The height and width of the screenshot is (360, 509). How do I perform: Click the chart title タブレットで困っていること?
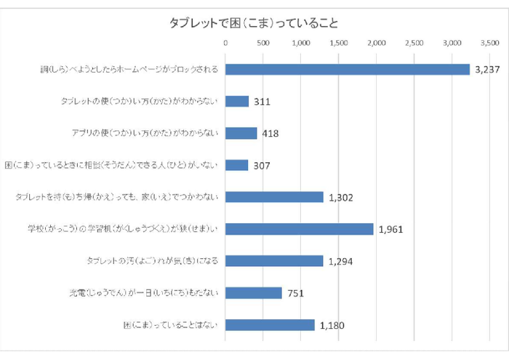(x=254, y=23)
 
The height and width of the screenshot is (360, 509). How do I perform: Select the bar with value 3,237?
(x=348, y=70)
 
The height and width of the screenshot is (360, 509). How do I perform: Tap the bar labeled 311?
(x=237, y=102)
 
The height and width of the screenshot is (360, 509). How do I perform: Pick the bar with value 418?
(x=241, y=134)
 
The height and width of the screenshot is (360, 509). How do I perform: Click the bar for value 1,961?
(x=300, y=229)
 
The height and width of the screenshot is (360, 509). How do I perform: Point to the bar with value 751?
(x=254, y=293)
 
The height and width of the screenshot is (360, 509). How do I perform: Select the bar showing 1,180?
(x=270, y=325)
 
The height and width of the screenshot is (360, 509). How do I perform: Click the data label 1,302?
(x=343, y=198)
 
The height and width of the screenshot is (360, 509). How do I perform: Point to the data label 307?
(x=262, y=166)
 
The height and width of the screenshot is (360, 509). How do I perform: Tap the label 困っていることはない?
(x=172, y=325)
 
